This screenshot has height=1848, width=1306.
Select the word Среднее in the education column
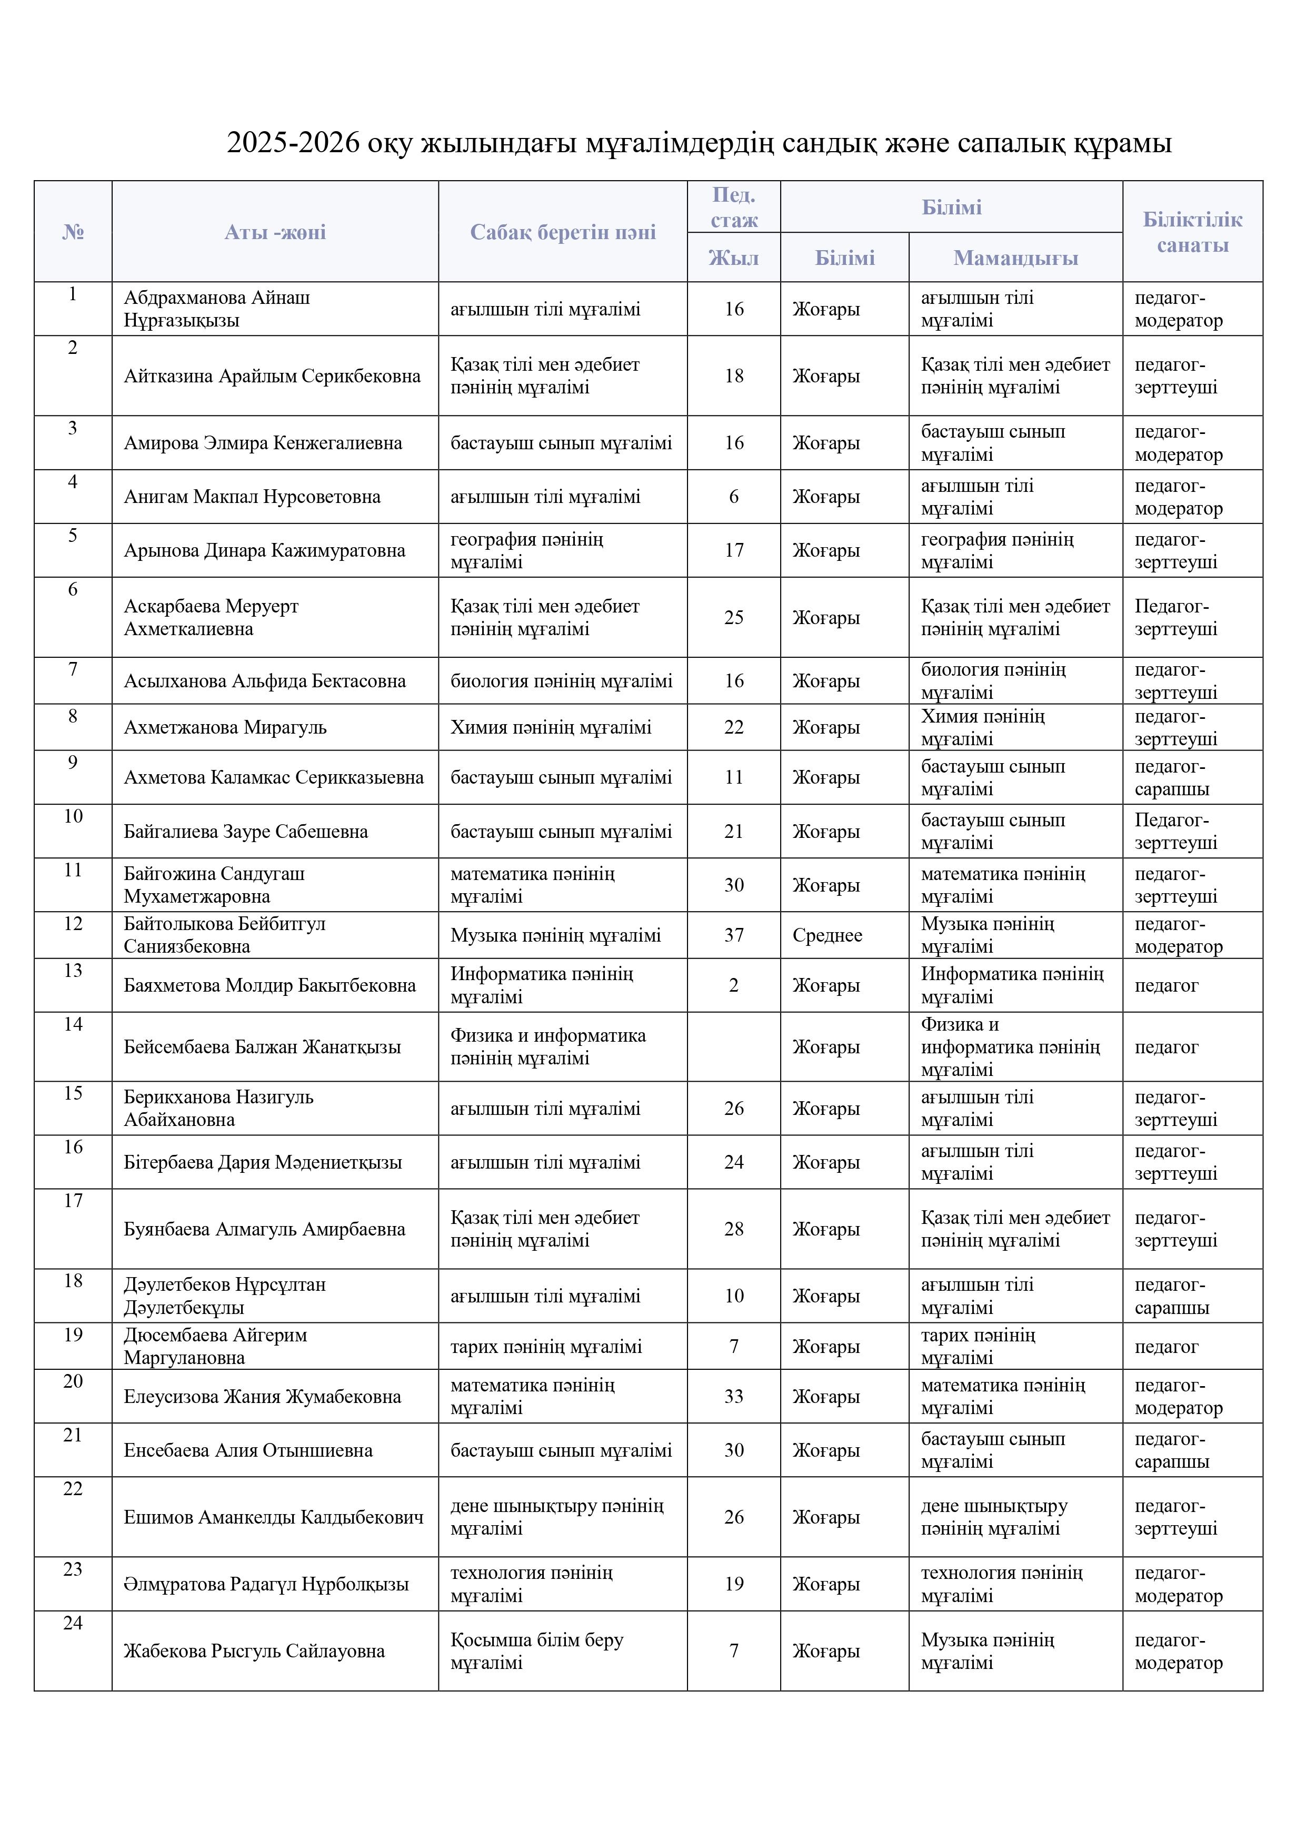tap(827, 935)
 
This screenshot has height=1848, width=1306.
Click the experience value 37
tap(733, 935)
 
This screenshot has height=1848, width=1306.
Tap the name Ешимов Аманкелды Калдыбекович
tap(274, 1517)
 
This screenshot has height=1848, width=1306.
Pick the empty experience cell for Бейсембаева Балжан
tap(733, 1046)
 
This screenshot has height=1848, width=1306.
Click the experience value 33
tap(733, 1397)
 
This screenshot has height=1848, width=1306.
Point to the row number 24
tap(73, 1624)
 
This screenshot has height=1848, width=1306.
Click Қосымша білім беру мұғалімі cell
tap(537, 1651)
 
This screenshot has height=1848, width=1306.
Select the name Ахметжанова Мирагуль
tap(225, 728)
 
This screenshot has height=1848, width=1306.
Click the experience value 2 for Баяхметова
tap(733, 985)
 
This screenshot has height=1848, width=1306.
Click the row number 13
tap(73, 971)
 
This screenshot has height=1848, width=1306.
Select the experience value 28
tap(733, 1229)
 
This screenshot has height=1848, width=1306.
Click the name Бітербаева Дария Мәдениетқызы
tap(262, 1162)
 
